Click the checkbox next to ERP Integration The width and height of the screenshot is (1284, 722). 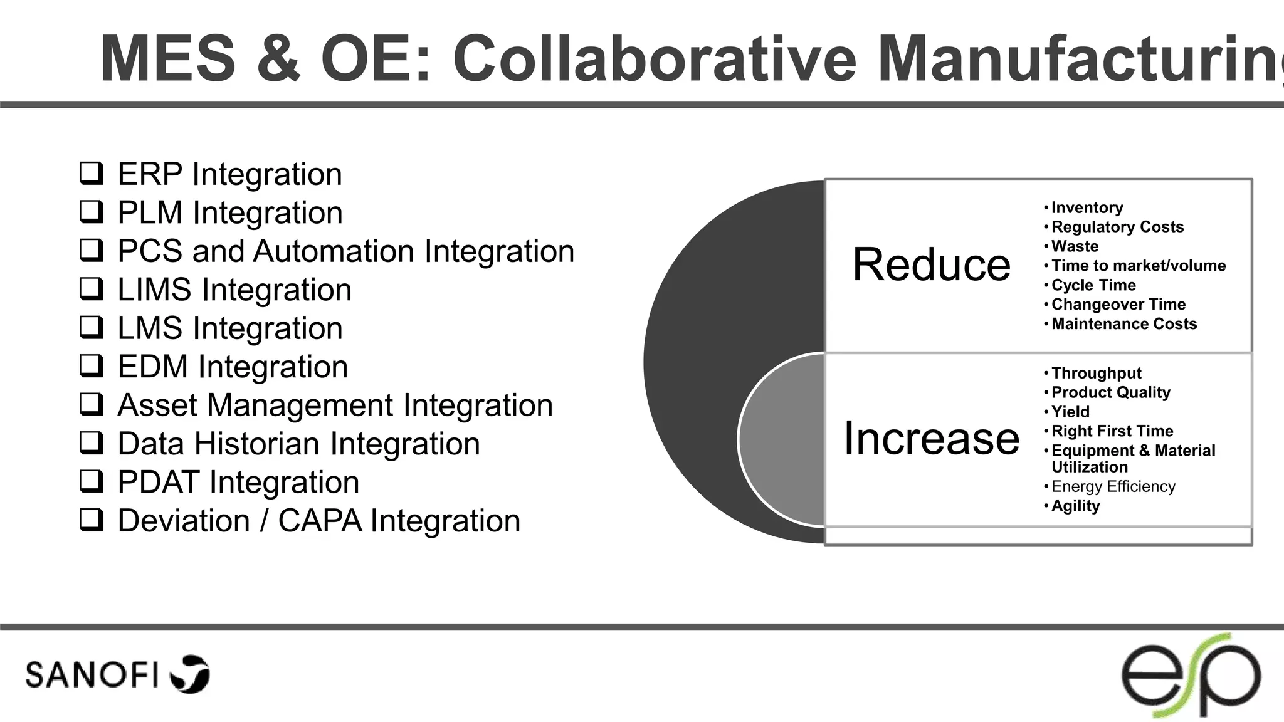tap(92, 173)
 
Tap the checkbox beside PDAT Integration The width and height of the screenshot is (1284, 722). tap(92, 481)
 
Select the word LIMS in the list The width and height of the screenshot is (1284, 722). tap(154, 290)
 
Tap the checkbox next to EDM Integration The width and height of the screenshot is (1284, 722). tap(92, 365)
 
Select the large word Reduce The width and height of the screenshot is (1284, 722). tap(931, 264)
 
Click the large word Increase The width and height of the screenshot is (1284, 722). tap(931, 438)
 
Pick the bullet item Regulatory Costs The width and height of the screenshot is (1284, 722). tap(1117, 227)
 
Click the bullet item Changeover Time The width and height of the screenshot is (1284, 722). tap(1118, 305)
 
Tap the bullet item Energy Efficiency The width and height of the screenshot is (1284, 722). tap(1113, 487)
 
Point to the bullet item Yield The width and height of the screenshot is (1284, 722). tap(1070, 412)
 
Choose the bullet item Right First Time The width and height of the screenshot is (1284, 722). tap(1112, 431)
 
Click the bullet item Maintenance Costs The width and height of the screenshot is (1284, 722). tap(1124, 324)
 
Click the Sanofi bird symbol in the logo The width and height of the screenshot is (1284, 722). tap(191, 674)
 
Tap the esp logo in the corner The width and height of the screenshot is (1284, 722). tap(1191, 676)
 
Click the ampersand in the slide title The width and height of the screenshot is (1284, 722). tap(278, 59)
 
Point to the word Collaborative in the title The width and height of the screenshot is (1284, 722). tap(654, 59)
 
